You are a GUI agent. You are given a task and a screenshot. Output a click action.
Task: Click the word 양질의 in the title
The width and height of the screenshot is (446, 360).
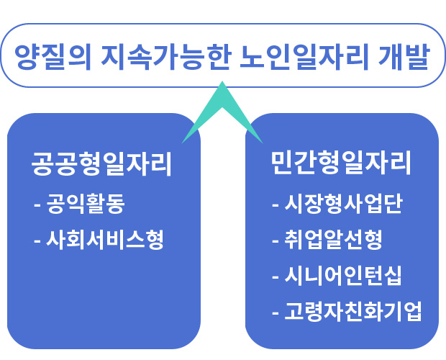pyautogui.click(x=53, y=56)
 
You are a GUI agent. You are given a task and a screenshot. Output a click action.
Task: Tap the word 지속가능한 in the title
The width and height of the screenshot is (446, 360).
pyautogui.click(x=165, y=56)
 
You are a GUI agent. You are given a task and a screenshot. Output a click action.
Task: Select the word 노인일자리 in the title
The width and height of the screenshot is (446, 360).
pyautogui.click(x=304, y=56)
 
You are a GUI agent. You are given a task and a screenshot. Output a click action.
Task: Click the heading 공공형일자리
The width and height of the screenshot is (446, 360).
pyautogui.click(x=101, y=164)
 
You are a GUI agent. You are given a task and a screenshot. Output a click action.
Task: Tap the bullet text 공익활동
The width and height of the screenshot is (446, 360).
pyautogui.click(x=86, y=204)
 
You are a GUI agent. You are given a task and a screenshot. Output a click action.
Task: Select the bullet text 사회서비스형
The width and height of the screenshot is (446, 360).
pyautogui.click(x=105, y=240)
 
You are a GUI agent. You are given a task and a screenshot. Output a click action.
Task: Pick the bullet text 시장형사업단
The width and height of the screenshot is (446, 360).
pyautogui.click(x=344, y=204)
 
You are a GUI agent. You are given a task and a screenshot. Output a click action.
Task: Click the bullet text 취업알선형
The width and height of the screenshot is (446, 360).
pyautogui.click(x=333, y=240)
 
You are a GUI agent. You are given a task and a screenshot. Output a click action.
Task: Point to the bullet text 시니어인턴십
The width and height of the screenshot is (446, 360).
pyautogui.click(x=343, y=276)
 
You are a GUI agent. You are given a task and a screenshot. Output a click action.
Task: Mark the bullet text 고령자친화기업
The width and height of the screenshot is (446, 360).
pyautogui.click(x=353, y=311)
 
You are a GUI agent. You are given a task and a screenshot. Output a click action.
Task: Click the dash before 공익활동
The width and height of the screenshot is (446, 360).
pyautogui.click(x=37, y=205)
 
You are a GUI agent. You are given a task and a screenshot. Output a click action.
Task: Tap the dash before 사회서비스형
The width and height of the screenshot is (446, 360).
pyautogui.click(x=37, y=240)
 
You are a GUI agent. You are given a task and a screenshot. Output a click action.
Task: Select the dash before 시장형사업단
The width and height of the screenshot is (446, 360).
pyautogui.click(x=276, y=205)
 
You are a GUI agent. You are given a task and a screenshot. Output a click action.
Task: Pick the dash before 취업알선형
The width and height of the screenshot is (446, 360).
pyautogui.click(x=276, y=240)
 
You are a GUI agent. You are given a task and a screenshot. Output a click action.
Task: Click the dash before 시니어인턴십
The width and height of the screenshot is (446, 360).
pyautogui.click(x=276, y=276)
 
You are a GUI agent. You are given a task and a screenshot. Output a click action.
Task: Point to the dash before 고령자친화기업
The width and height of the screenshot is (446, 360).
pyautogui.click(x=276, y=312)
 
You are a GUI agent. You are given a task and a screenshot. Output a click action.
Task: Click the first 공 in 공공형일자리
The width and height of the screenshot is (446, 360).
pyautogui.click(x=42, y=164)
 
